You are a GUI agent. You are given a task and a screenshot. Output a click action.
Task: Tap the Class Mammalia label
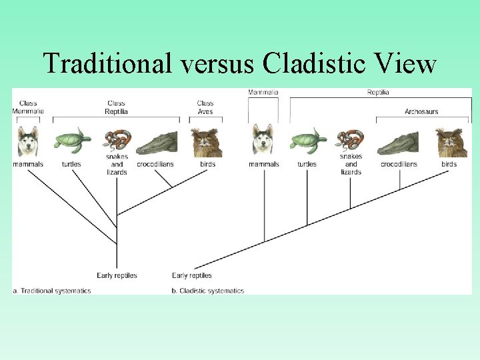tap(28, 107)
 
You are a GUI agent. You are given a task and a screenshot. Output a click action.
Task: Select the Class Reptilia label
tap(116, 107)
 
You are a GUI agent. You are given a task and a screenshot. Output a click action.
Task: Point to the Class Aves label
tap(205, 107)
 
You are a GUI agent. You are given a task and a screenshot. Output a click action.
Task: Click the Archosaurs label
tap(421, 111)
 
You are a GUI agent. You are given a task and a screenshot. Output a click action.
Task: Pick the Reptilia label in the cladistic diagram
tap(378, 92)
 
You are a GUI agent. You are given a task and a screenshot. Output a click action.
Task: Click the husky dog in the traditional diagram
tap(28, 142)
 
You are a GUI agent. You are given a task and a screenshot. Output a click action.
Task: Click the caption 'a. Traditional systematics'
tap(52, 291)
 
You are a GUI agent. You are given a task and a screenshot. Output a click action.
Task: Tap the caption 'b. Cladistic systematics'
tap(208, 291)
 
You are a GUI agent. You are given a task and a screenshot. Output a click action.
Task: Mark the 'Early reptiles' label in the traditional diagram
tap(117, 275)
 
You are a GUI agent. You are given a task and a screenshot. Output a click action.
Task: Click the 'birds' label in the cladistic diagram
tap(449, 164)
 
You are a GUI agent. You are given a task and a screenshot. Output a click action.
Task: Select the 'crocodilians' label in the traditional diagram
tap(155, 164)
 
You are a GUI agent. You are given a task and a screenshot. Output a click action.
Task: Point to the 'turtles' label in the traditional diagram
tap(71, 164)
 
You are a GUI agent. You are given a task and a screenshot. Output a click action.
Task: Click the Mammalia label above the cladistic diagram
tap(263, 92)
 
